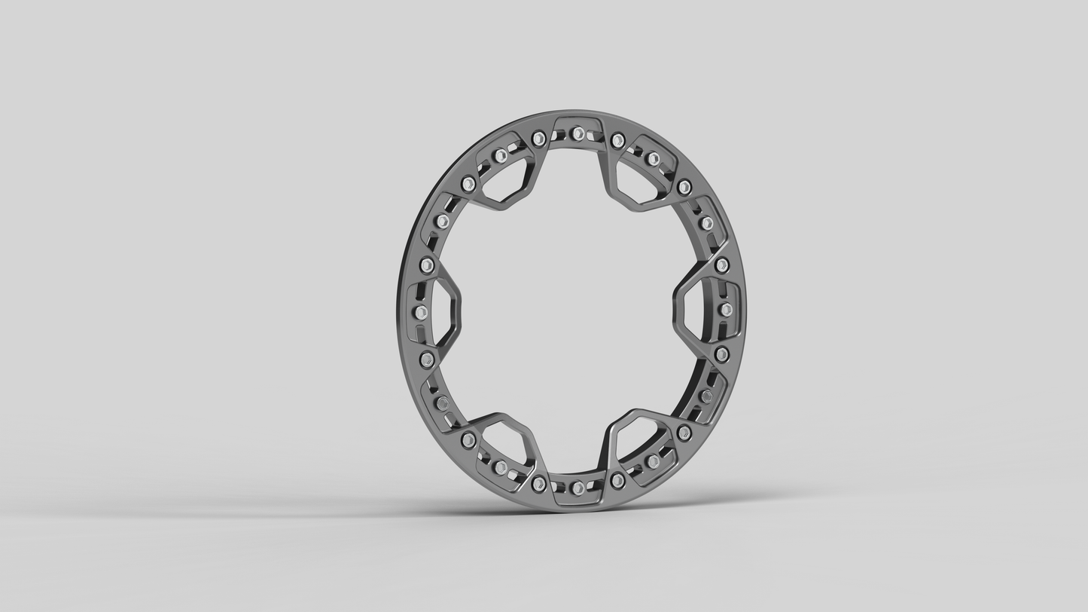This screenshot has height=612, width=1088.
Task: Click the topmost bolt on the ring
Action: pyautogui.click(x=578, y=133)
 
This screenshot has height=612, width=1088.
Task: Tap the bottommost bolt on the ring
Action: pyautogui.click(x=578, y=488)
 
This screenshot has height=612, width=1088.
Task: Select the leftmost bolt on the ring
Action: pyautogui.click(x=421, y=311)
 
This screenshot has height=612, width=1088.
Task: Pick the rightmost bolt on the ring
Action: pyautogui.click(x=726, y=309)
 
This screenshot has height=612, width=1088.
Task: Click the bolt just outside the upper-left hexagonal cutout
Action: pyautogui.click(x=500, y=156)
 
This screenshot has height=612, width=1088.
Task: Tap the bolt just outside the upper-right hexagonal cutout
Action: pyautogui.click(x=653, y=159)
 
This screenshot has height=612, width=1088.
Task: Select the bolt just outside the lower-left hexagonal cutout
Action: pyautogui.click(x=500, y=467)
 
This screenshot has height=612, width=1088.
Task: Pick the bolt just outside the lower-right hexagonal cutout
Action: pyautogui.click(x=653, y=461)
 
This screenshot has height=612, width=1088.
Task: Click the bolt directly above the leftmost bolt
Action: pyautogui.click(x=427, y=265)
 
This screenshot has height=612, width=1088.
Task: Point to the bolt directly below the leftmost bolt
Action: pyautogui.click(x=427, y=360)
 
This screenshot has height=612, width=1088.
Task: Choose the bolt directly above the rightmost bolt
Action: pyautogui.click(x=722, y=265)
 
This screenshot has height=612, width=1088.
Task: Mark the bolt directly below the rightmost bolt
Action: pyautogui.click(x=722, y=354)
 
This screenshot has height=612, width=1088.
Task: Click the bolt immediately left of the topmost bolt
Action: pyautogui.click(x=538, y=139)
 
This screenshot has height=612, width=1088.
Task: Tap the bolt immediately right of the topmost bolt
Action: pyautogui.click(x=617, y=140)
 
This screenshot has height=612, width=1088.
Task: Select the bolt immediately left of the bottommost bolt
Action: pyautogui.click(x=538, y=483)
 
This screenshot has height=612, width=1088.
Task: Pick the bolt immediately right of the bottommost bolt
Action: pyautogui.click(x=617, y=480)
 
